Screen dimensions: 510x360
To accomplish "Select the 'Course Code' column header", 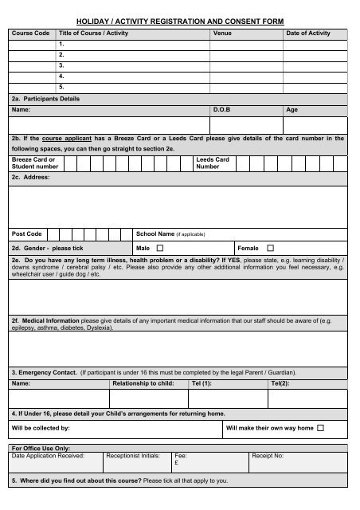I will coord(30,33).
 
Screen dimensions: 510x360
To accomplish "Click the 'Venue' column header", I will coord(222,33).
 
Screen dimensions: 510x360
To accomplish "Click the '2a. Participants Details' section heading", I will coord(45,99).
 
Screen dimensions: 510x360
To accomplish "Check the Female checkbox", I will coord(269,248).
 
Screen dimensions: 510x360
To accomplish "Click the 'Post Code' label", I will coord(27,234).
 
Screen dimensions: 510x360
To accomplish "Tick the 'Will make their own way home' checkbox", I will coord(320,428).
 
